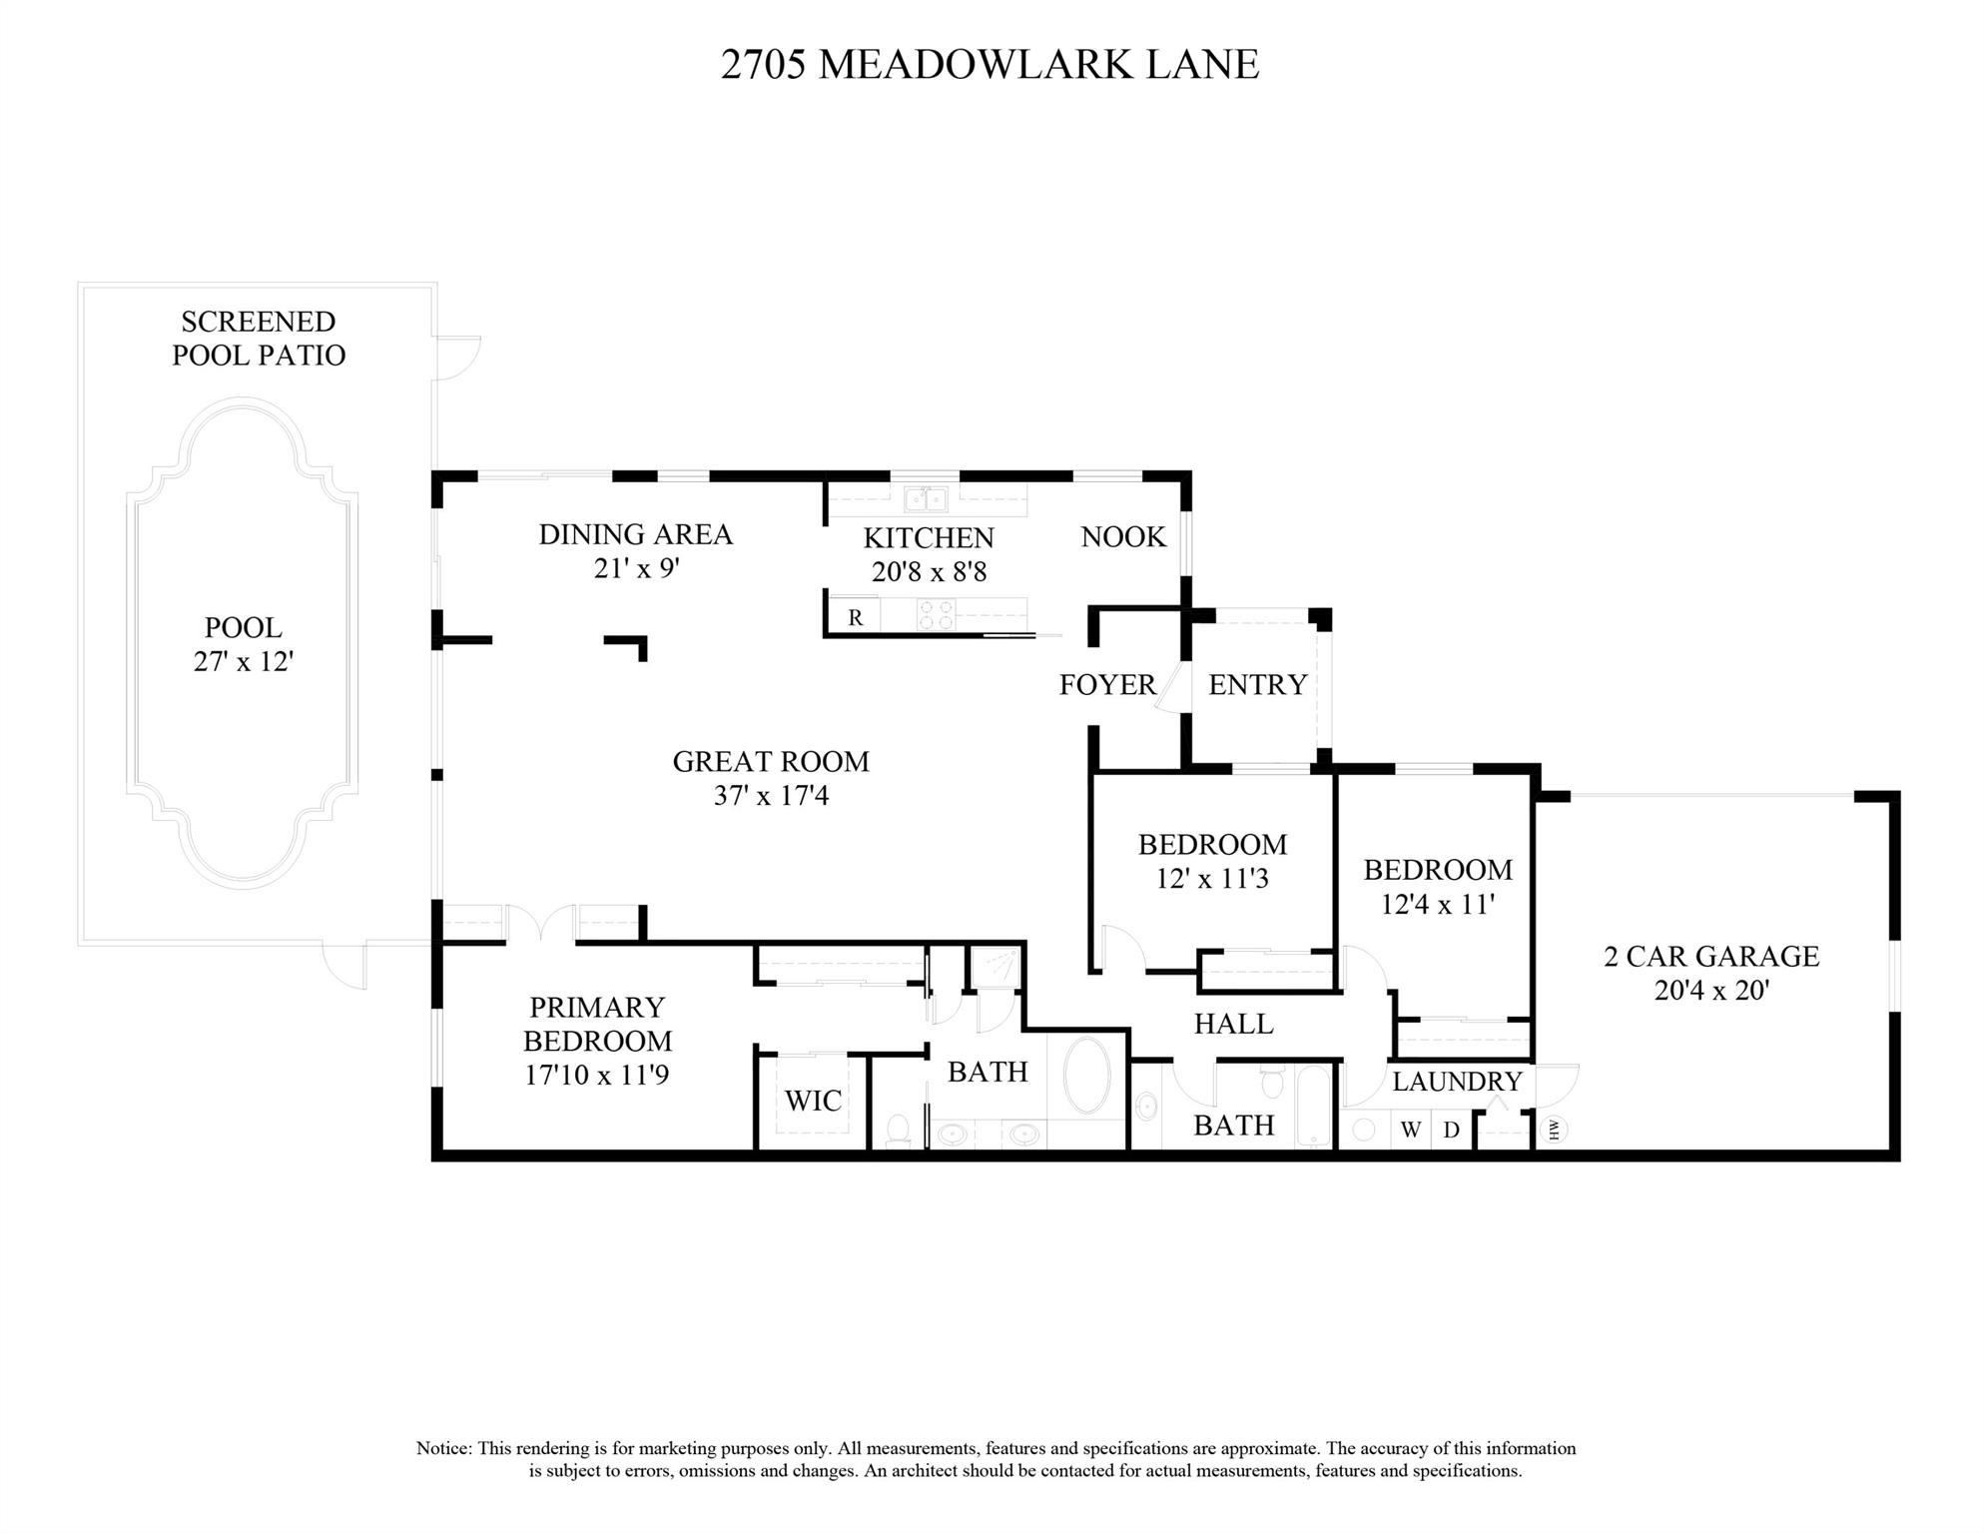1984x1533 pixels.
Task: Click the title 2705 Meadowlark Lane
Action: pyautogui.click(x=990, y=64)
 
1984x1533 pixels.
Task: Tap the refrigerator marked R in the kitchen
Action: pyautogui.click(x=855, y=617)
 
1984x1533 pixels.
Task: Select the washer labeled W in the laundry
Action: pyautogui.click(x=1411, y=1130)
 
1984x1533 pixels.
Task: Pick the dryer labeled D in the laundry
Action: pyautogui.click(x=1452, y=1130)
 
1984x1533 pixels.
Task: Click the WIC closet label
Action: pyautogui.click(x=814, y=1101)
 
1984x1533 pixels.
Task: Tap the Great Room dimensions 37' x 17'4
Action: pyautogui.click(x=771, y=796)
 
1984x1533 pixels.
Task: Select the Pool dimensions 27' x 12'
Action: pyautogui.click(x=243, y=661)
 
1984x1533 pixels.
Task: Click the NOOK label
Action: pyautogui.click(x=1123, y=537)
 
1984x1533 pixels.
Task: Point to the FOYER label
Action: pyautogui.click(x=1107, y=685)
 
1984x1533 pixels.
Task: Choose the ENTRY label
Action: pyautogui.click(x=1257, y=685)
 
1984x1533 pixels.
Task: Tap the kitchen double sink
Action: pyautogui.click(x=926, y=498)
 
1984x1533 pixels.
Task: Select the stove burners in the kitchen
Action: pyautogui.click(x=936, y=614)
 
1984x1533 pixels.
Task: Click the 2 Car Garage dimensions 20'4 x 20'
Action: pyautogui.click(x=1711, y=991)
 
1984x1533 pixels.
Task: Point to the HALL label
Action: pyautogui.click(x=1234, y=1024)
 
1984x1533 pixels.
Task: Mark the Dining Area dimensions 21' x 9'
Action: pyautogui.click(x=636, y=569)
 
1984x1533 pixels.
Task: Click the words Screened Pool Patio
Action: pyautogui.click(x=259, y=339)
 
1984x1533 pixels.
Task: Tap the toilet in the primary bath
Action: pyautogui.click(x=898, y=1130)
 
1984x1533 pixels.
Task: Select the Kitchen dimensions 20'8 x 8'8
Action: pyautogui.click(x=929, y=572)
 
